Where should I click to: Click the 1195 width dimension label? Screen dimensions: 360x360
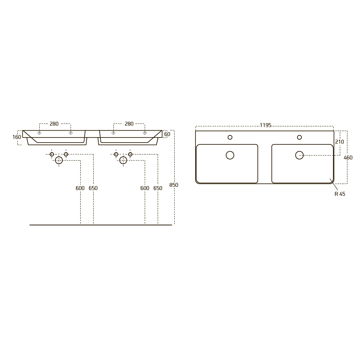[x=265, y=125]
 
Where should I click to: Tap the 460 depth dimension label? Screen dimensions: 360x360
[x=348, y=158]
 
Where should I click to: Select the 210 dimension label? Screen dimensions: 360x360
[x=339, y=142]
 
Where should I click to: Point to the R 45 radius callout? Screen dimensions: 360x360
[x=340, y=194]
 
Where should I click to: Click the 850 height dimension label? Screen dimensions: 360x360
[x=174, y=185]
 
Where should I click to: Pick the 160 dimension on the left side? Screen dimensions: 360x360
[x=17, y=137]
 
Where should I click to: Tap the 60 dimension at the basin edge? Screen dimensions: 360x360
[x=167, y=134]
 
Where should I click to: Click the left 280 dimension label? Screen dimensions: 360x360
[x=54, y=124]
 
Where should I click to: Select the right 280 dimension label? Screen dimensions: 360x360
[x=129, y=124]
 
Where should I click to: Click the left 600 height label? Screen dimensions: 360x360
[x=80, y=188]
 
